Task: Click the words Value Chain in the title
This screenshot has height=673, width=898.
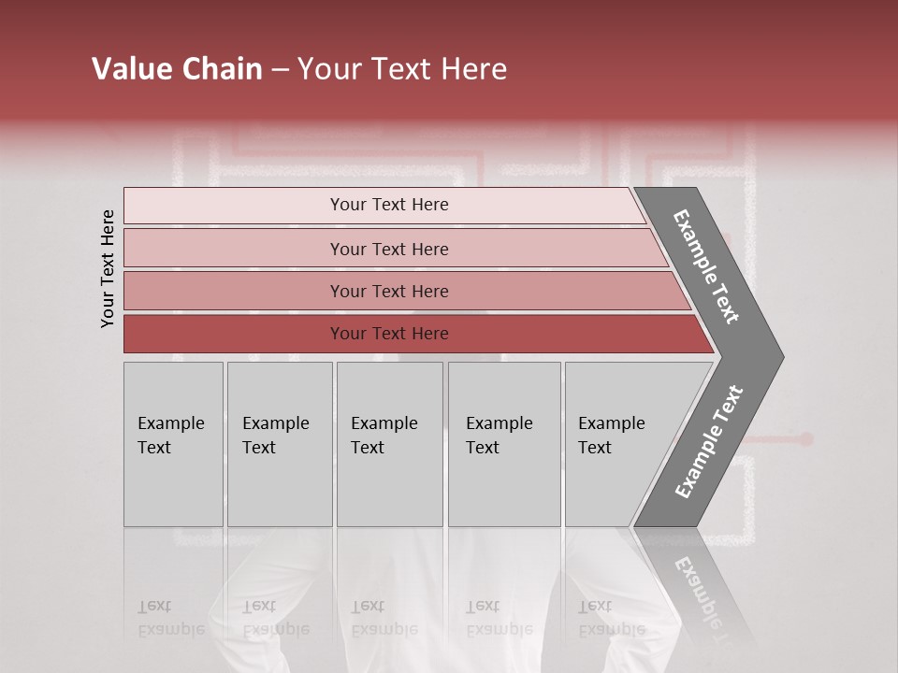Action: click(177, 69)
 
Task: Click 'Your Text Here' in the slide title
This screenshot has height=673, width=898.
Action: click(402, 69)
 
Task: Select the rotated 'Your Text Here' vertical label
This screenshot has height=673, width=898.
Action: click(108, 268)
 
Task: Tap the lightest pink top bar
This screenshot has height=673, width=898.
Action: click(234, 206)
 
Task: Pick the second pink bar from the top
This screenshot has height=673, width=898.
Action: click(234, 249)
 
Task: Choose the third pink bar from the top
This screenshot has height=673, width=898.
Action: click(234, 291)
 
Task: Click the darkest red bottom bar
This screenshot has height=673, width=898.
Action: click(234, 334)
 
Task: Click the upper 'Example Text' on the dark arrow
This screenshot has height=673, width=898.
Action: click(706, 266)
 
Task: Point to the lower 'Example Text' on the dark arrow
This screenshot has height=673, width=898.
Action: click(709, 442)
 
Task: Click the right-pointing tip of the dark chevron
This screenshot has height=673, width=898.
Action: click(776, 356)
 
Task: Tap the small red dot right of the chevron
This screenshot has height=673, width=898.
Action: click(806, 438)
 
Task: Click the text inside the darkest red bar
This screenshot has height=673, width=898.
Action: click(389, 334)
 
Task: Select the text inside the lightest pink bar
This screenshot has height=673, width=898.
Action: click(389, 205)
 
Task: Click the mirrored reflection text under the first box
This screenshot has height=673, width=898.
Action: click(170, 618)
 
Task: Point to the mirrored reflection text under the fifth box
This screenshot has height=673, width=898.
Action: click(611, 618)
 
